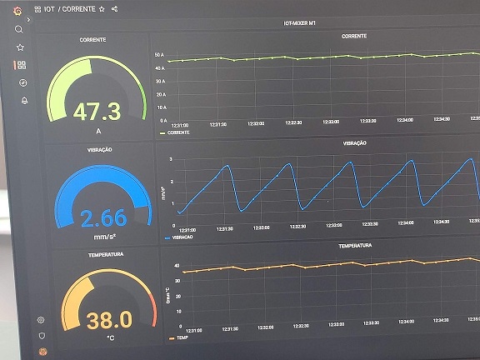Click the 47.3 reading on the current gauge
tap(97, 112)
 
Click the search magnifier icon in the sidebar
tap(19, 29)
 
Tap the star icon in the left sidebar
tap(20, 47)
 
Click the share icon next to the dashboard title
tap(114, 9)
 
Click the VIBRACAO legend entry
tap(183, 238)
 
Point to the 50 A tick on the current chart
tap(160, 54)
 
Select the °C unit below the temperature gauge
tap(110, 338)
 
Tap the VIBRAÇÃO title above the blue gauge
tap(100, 149)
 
